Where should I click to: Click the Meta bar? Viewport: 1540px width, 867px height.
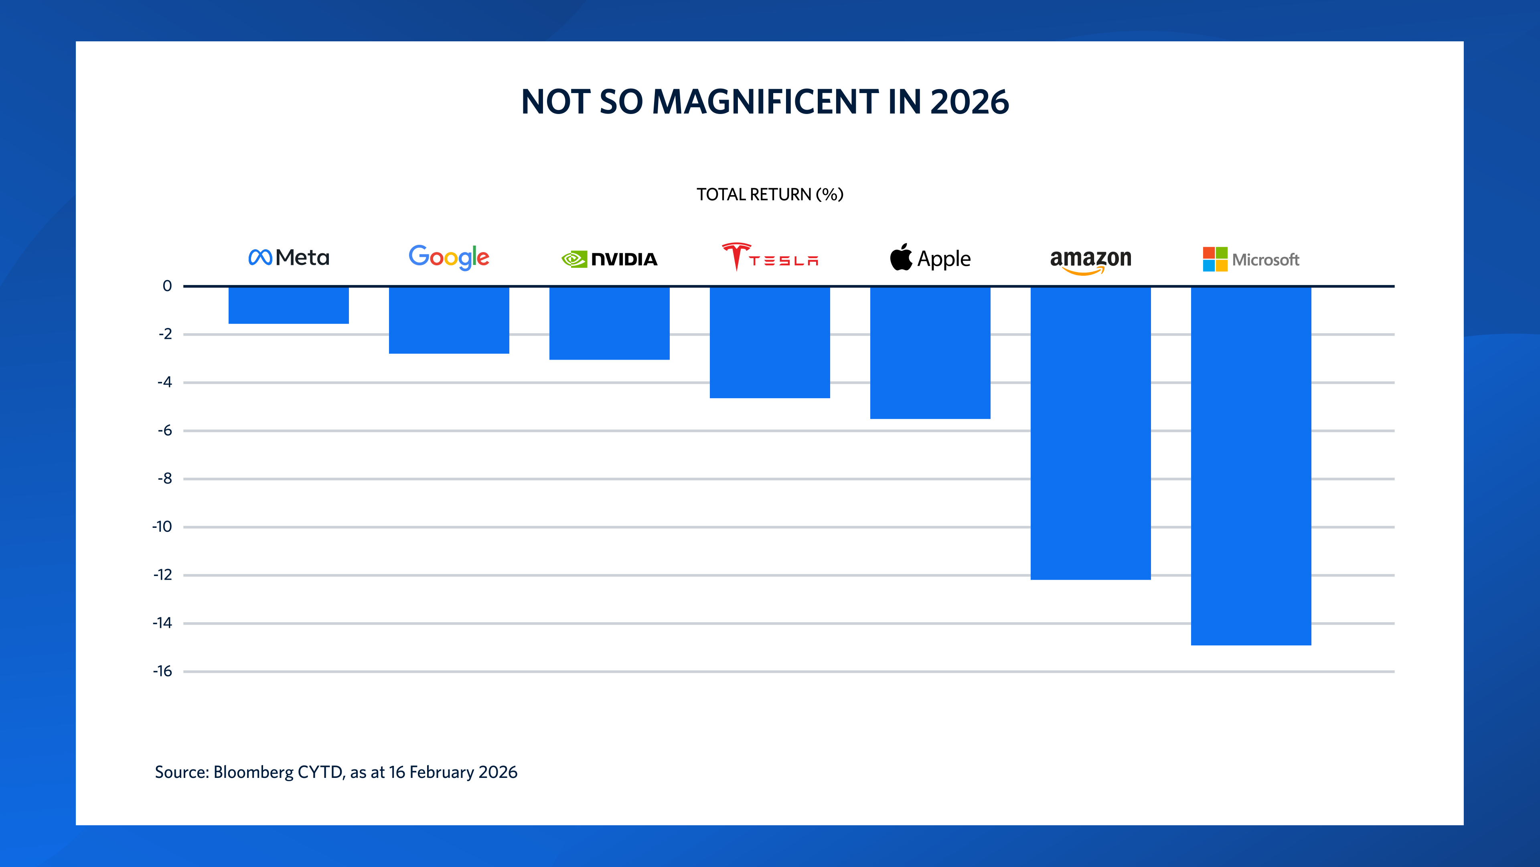click(288, 305)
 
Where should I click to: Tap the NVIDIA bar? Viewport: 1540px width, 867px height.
click(609, 323)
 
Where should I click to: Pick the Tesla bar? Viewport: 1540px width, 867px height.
click(770, 342)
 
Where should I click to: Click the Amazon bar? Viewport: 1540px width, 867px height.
click(1090, 433)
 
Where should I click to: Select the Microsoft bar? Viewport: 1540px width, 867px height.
click(1251, 466)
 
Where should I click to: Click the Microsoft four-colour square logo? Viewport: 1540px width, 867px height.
click(1215, 259)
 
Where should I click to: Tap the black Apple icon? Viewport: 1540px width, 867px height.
click(901, 257)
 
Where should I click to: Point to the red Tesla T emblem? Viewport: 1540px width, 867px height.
click(736, 256)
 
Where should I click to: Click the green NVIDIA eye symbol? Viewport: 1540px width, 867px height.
click(574, 259)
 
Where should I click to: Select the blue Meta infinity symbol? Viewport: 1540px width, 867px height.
click(260, 257)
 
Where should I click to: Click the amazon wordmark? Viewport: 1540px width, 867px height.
click(1090, 258)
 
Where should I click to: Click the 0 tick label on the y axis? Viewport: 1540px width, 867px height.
click(167, 286)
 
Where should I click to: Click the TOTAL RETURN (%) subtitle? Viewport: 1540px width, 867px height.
click(770, 194)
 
